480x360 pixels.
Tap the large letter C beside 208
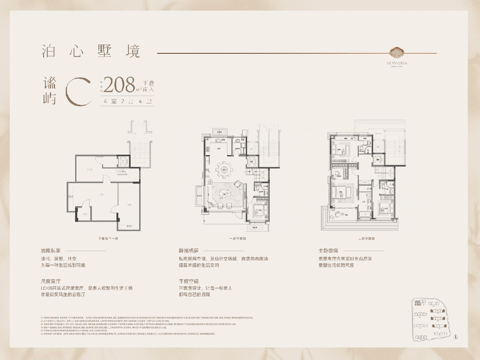(x=78, y=92)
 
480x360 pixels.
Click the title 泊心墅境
(x=91, y=51)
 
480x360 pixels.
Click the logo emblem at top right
(x=397, y=52)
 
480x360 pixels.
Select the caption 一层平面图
(x=238, y=239)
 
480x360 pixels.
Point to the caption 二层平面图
(x=367, y=239)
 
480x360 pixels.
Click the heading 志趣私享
(x=50, y=250)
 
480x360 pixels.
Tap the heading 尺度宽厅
(x=50, y=281)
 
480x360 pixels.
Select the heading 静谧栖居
(x=188, y=250)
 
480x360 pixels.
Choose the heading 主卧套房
(x=328, y=250)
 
